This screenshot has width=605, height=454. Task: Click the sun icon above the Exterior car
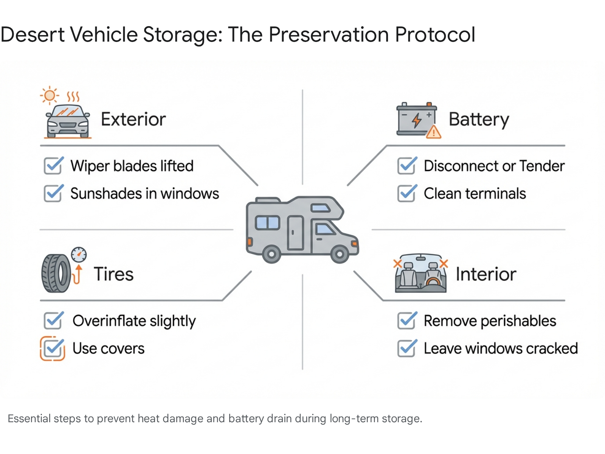coord(50,95)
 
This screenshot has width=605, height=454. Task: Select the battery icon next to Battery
coord(416,119)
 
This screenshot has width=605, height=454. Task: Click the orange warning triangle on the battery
coord(433,132)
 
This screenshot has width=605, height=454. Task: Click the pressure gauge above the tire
coord(79,255)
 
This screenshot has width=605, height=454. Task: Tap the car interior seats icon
coord(420,273)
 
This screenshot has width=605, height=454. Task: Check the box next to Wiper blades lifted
coord(53,166)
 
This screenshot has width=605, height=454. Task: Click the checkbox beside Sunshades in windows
coord(53,193)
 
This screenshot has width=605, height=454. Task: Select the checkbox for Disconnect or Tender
coord(407,166)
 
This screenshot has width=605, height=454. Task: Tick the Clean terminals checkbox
coord(407,193)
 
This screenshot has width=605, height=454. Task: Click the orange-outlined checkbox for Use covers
coord(53,348)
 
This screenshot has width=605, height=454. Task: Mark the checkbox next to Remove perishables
coord(407,321)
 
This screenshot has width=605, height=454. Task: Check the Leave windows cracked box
coord(407,348)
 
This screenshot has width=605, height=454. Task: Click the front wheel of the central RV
coord(340,254)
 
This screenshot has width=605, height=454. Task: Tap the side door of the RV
coord(295,233)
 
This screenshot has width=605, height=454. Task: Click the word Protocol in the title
coord(435,34)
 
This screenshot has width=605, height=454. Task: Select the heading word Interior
coord(486,274)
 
